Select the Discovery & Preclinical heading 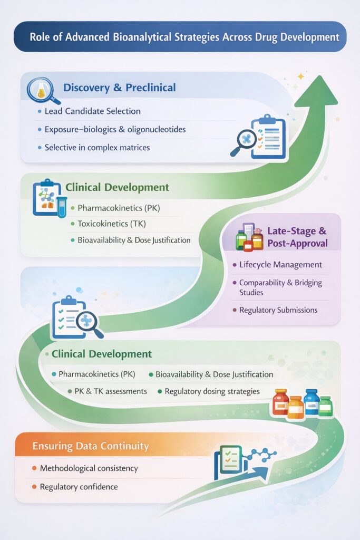119,88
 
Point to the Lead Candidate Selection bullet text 93,111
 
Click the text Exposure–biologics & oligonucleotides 115,129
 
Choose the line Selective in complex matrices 97,148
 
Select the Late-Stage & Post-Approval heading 297,237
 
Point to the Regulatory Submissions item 278,310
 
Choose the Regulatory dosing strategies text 212,391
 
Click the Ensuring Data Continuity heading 91,446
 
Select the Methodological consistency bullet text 89,468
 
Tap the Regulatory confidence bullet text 79,487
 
